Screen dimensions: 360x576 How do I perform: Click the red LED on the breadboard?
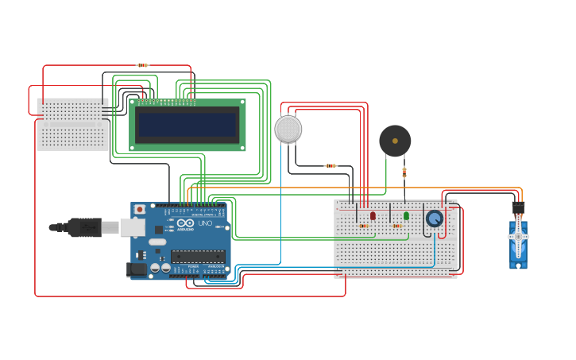click(x=373, y=215)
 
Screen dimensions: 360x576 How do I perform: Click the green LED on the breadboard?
click(x=406, y=215)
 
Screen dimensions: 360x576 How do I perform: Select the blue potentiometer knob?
click(x=434, y=219)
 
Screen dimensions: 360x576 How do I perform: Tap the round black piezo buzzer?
click(x=395, y=141)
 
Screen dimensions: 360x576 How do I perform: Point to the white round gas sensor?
click(x=288, y=129)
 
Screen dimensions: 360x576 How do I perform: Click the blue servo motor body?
click(x=518, y=242)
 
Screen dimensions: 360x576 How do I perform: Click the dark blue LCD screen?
click(x=187, y=125)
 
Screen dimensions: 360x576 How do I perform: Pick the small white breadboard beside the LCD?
click(x=72, y=124)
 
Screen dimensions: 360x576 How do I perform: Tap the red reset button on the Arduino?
click(x=140, y=210)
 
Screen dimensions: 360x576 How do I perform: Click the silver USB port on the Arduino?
click(x=132, y=227)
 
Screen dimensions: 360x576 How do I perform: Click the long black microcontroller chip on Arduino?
click(x=198, y=256)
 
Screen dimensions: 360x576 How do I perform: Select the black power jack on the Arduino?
click(x=136, y=269)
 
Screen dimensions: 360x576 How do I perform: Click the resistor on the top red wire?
click(x=142, y=65)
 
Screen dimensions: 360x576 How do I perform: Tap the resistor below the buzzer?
click(x=404, y=171)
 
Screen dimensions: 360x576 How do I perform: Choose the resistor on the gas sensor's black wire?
click(x=331, y=166)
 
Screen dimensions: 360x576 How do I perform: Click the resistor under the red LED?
click(x=364, y=226)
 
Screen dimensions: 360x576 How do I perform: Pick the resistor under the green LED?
click(x=397, y=226)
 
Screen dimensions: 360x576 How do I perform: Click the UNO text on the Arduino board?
click(x=204, y=223)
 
